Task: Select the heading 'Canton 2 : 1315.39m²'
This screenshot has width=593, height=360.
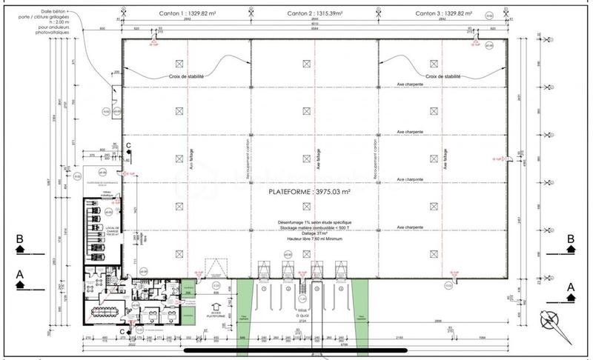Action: pos(314,13)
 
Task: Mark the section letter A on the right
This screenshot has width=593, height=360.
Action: pos(572,285)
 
